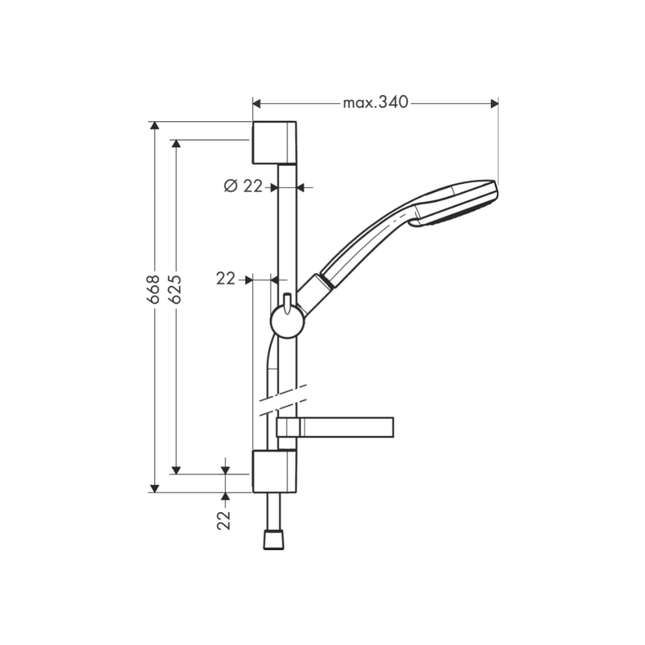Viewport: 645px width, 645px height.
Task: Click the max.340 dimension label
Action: (x=375, y=103)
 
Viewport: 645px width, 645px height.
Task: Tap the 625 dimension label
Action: (x=175, y=290)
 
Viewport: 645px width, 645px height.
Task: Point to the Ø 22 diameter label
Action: (x=243, y=186)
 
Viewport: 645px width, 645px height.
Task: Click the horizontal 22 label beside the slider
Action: (x=226, y=279)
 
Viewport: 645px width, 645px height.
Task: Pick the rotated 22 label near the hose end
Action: (x=224, y=521)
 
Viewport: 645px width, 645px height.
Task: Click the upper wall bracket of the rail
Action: (x=274, y=143)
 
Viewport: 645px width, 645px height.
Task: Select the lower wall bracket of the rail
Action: (x=274, y=471)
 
